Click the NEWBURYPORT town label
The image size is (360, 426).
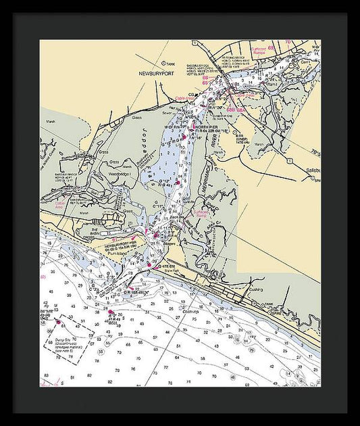(x=156, y=72)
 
